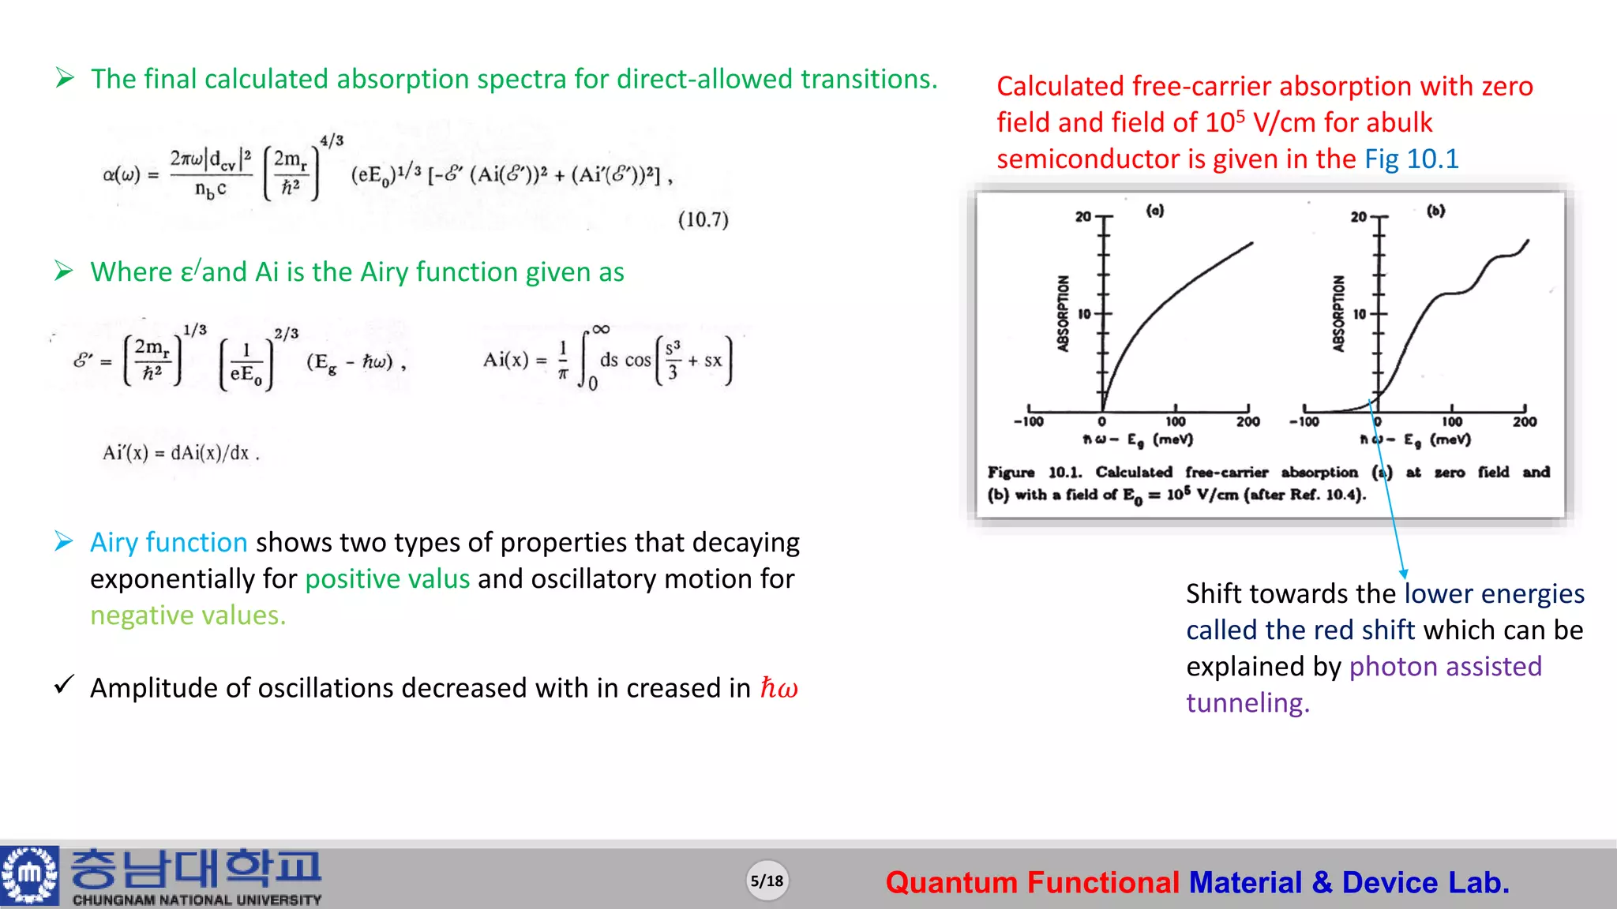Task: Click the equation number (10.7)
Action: (x=703, y=219)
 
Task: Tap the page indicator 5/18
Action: (x=767, y=881)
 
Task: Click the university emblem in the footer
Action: (x=30, y=875)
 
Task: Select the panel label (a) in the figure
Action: (x=1155, y=211)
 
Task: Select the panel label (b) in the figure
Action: (x=1435, y=211)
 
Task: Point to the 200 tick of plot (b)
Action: (x=1524, y=422)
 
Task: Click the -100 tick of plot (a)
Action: (x=1028, y=422)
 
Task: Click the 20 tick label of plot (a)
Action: (x=1082, y=216)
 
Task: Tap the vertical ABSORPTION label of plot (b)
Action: (x=1338, y=313)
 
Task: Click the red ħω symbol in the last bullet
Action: (x=778, y=688)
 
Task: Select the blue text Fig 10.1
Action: (x=1412, y=159)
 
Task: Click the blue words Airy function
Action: (x=169, y=542)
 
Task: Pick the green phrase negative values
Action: (x=188, y=615)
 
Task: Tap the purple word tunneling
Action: (x=1247, y=702)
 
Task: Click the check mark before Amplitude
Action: (x=65, y=685)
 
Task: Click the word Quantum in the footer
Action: (x=951, y=882)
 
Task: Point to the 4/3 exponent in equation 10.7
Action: (x=332, y=140)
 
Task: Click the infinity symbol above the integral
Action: (x=601, y=329)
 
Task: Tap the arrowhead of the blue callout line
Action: (x=1404, y=574)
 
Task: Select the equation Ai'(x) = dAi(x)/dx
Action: (x=181, y=453)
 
